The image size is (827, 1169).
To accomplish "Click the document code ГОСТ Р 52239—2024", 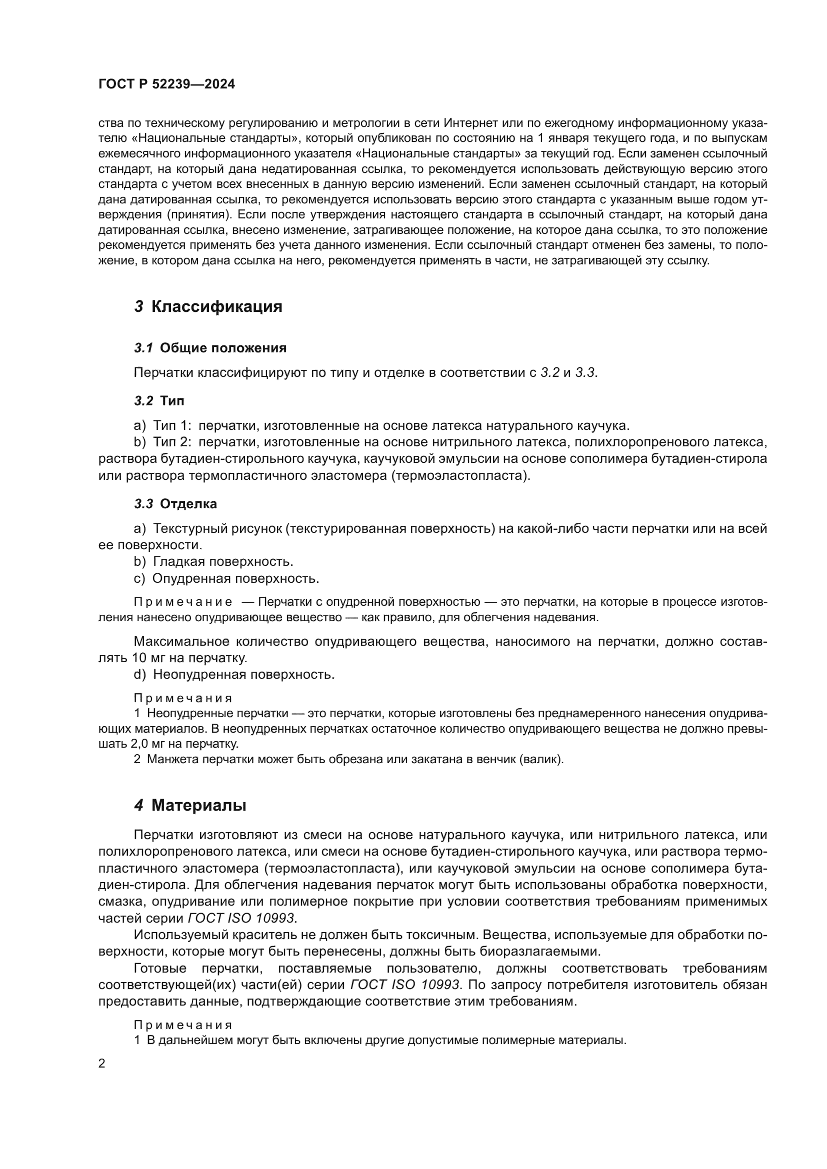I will pyautogui.click(x=166, y=84).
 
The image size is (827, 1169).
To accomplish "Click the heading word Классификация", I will pyautogui.click(x=216, y=307).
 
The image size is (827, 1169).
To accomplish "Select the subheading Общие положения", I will pyautogui.click(x=223, y=348).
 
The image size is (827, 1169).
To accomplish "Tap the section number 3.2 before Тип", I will pyautogui.click(x=143, y=401).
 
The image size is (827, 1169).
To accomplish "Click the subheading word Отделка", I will pyautogui.click(x=188, y=504).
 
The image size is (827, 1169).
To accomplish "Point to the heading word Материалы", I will pyautogui.click(x=199, y=806).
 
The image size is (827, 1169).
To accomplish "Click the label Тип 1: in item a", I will pyautogui.click(x=172, y=426).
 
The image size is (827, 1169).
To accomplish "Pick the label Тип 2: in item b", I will pyautogui.click(x=172, y=442).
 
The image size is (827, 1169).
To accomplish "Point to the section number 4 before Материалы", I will pyautogui.click(x=139, y=806).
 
